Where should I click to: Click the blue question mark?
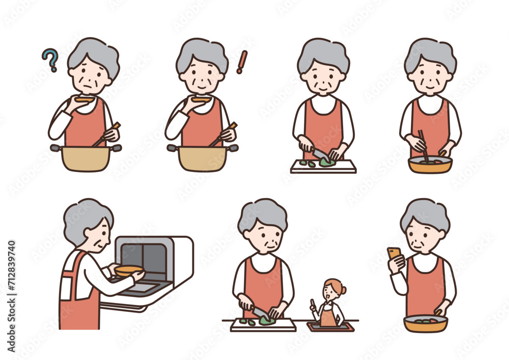[x=50, y=60]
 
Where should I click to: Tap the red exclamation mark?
[x=242, y=62]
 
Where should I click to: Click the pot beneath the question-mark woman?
[x=86, y=158]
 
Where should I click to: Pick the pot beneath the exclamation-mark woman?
[x=203, y=158]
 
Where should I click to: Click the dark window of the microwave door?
[x=144, y=259]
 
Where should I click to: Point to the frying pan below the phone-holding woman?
[x=425, y=323]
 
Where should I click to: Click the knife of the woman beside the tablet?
[x=261, y=313]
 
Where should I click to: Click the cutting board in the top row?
[x=323, y=167]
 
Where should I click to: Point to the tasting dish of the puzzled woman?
[x=85, y=100]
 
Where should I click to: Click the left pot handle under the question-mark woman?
[x=55, y=148]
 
